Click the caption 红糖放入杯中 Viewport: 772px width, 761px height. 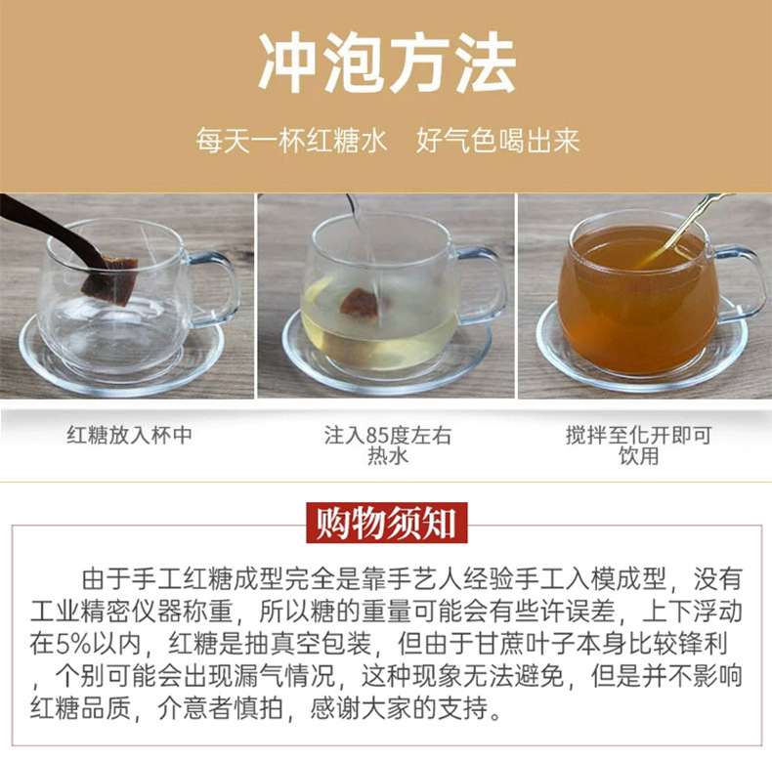coord(129,435)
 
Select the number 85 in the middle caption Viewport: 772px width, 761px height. coord(377,436)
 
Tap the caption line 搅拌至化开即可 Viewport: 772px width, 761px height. coord(638,435)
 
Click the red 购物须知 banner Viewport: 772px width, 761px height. coord(387,523)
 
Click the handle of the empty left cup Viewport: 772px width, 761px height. coord(215,289)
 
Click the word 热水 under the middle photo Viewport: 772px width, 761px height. coord(388,456)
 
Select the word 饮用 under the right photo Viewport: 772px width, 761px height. coord(638,456)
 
